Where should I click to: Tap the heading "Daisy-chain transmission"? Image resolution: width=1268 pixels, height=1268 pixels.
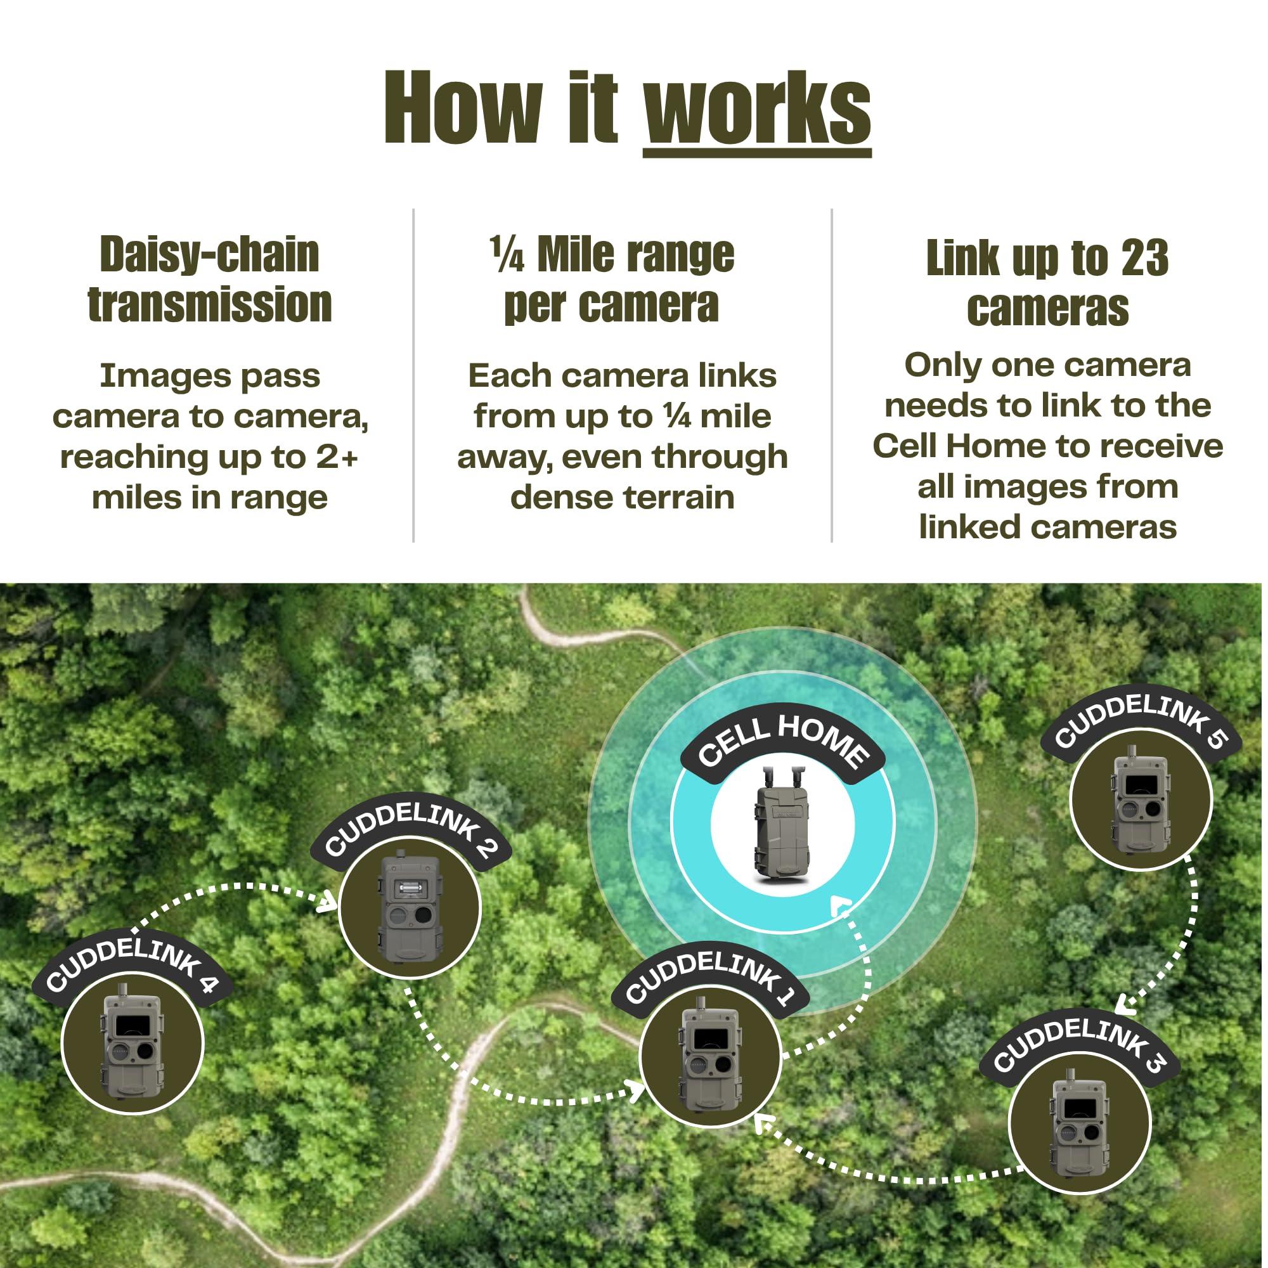210,279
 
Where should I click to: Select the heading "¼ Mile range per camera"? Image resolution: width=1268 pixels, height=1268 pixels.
612,279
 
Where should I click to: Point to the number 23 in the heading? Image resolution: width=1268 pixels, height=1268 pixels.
1144,258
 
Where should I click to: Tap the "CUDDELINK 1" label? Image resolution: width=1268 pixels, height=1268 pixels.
709,983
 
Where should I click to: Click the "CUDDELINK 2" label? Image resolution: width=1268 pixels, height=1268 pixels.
411,832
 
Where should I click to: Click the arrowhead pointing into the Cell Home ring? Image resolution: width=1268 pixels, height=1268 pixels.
842,908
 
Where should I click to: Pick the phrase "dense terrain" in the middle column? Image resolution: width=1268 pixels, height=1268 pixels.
622,497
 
